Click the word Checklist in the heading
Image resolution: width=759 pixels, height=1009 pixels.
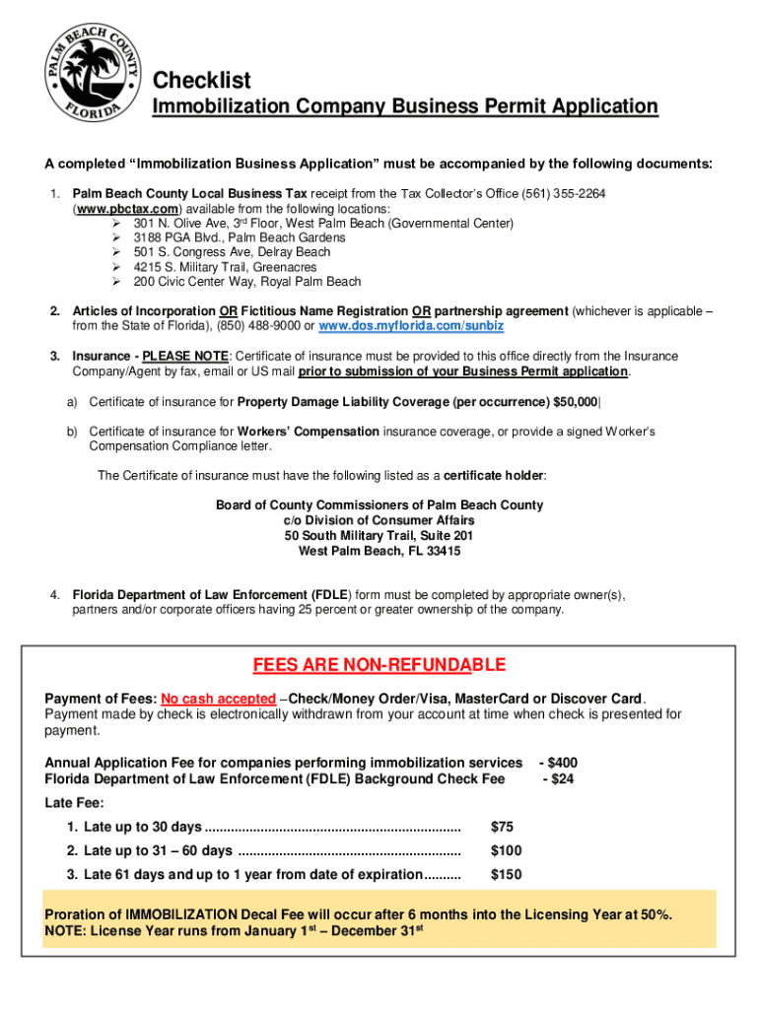(x=201, y=80)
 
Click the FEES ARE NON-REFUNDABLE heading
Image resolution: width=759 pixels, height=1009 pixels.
(x=379, y=665)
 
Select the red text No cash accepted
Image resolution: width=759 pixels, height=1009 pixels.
(x=218, y=699)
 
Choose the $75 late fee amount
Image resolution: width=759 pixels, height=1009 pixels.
(x=502, y=827)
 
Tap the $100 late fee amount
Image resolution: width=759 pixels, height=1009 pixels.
(x=506, y=850)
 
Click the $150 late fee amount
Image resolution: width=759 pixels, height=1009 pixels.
(x=506, y=874)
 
